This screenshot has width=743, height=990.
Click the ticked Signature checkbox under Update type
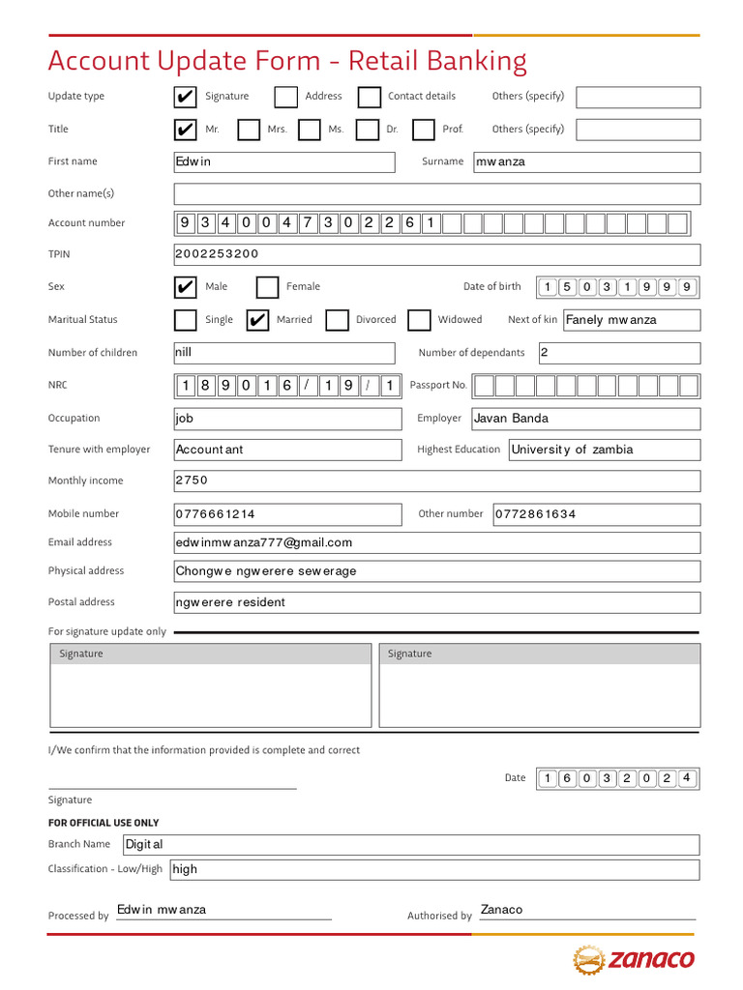point(185,97)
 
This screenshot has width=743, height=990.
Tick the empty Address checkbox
point(285,97)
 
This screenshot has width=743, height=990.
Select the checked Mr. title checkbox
point(185,130)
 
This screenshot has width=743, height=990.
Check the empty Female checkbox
point(267,287)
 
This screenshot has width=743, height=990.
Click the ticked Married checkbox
point(257,320)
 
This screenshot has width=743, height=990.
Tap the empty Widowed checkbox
point(419,320)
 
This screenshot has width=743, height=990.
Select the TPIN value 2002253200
point(218,254)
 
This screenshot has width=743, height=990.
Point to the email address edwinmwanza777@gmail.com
point(264,542)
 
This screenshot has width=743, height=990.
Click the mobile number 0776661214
point(216,514)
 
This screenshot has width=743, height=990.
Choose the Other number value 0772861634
point(535,514)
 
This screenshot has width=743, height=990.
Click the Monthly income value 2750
point(192,480)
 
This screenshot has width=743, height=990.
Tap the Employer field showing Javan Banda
point(511,419)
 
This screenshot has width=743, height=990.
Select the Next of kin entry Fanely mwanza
point(610,320)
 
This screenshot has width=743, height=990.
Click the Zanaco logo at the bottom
point(634,959)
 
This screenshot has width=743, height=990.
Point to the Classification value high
point(185,869)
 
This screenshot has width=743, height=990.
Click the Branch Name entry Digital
point(145,844)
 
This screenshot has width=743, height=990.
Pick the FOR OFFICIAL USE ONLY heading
point(104,823)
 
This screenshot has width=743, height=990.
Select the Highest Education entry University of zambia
point(572,450)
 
